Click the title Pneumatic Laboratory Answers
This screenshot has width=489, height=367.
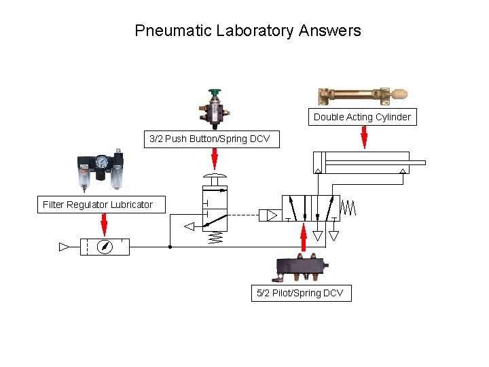click(248, 31)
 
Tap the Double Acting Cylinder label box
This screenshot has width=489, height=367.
click(362, 117)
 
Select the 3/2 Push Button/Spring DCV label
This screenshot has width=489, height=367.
click(209, 139)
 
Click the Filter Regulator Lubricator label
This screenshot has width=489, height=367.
click(98, 205)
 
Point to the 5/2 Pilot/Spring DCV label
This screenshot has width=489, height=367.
click(301, 294)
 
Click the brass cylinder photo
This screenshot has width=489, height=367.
click(354, 94)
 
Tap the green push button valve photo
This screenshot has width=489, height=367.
click(215, 108)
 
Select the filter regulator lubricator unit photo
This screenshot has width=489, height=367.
click(101, 170)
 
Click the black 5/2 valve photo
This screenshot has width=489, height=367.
click(300, 266)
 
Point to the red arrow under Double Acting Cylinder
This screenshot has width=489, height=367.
click(364, 137)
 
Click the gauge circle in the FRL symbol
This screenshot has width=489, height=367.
click(105, 247)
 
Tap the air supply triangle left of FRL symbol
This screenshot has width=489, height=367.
click(65, 247)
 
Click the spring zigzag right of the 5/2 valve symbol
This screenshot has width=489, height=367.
click(348, 207)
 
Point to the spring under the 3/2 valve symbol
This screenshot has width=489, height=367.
click(215, 238)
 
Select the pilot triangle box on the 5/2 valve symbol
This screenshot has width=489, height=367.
click(270, 216)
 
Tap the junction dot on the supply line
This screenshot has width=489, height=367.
click(170, 247)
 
